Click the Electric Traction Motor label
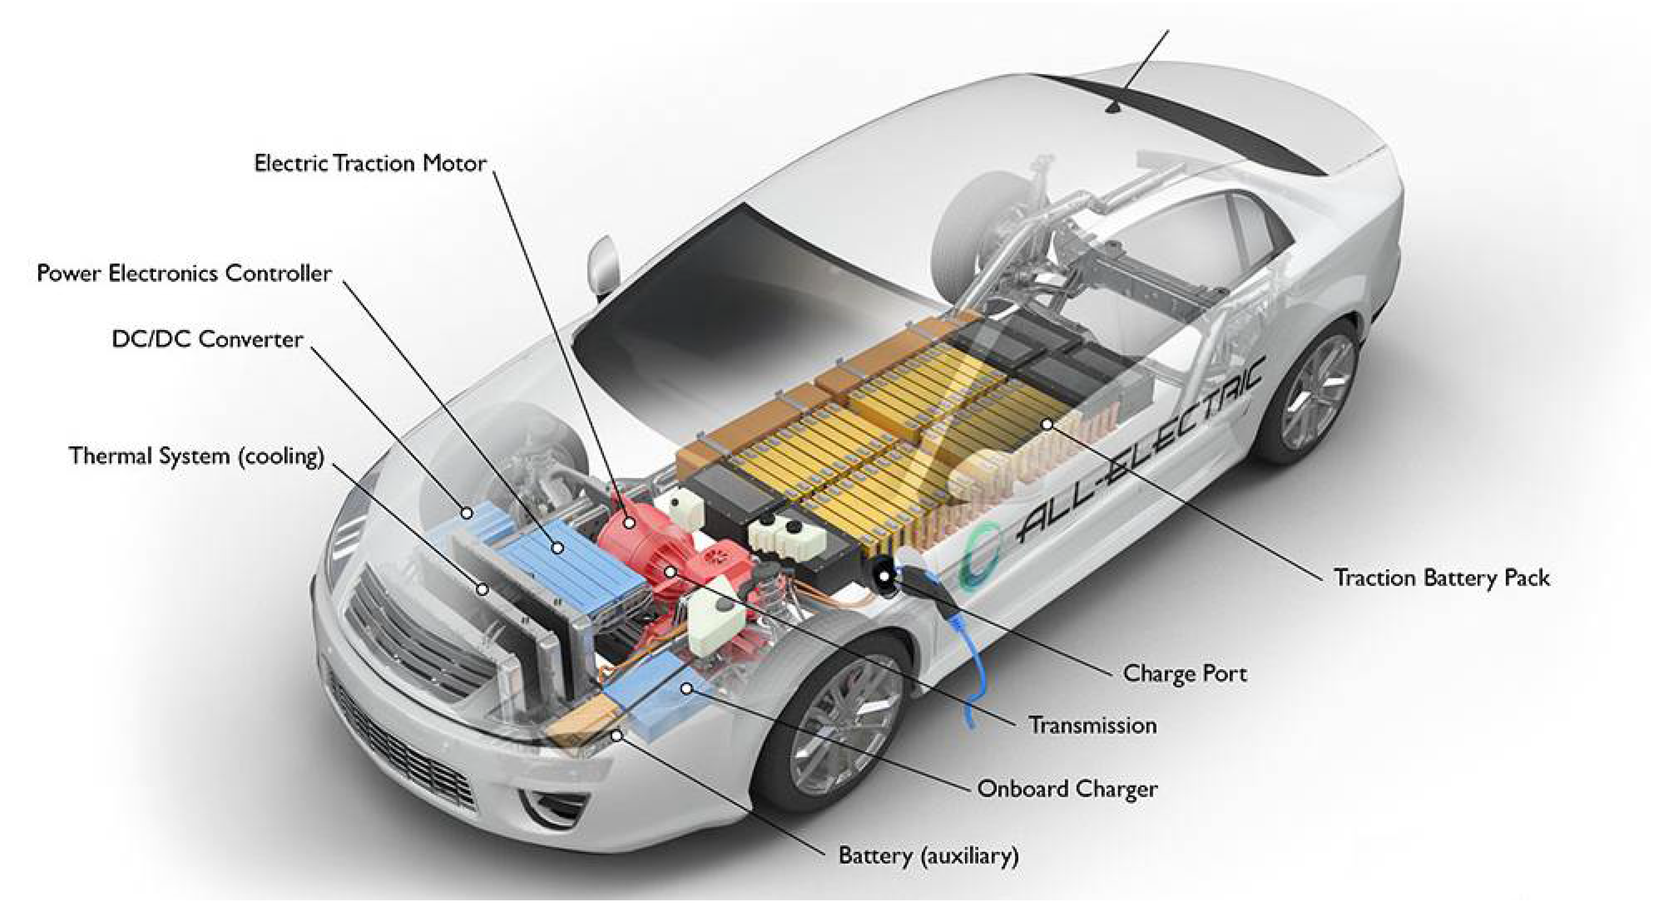(370, 163)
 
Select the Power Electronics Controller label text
(184, 273)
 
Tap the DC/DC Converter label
(207, 339)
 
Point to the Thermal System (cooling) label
(196, 456)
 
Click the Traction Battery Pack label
(1441, 578)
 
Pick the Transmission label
(1092, 725)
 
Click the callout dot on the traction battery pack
(1047, 424)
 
